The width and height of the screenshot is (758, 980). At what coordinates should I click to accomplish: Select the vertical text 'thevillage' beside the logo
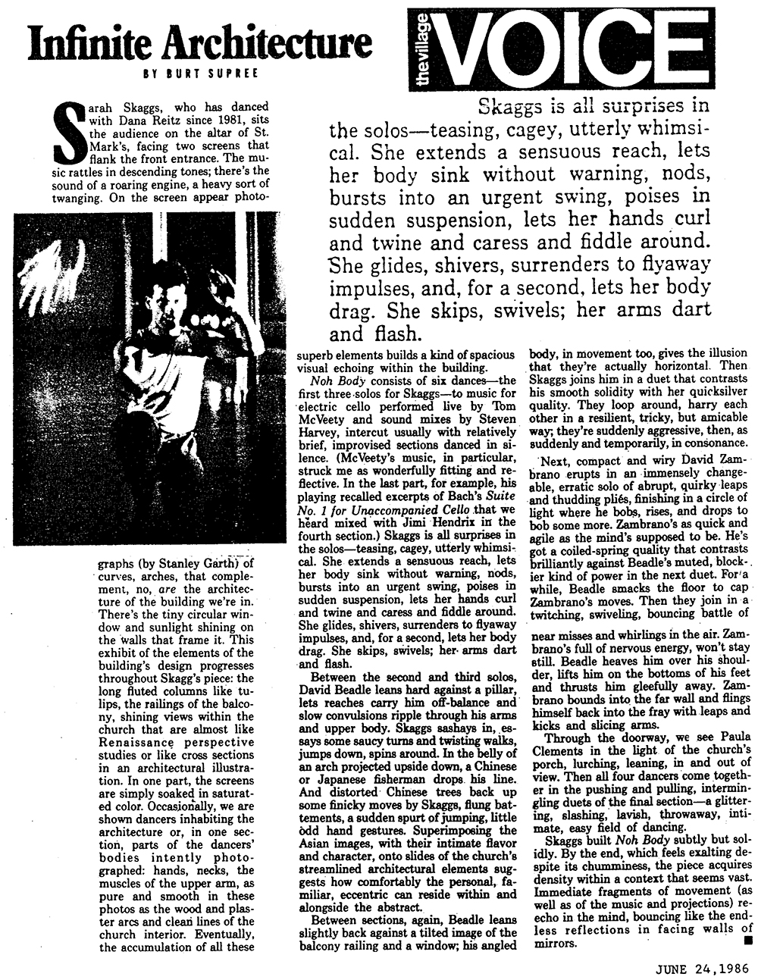(x=422, y=49)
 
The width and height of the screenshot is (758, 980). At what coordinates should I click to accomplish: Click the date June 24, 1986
(x=700, y=968)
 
